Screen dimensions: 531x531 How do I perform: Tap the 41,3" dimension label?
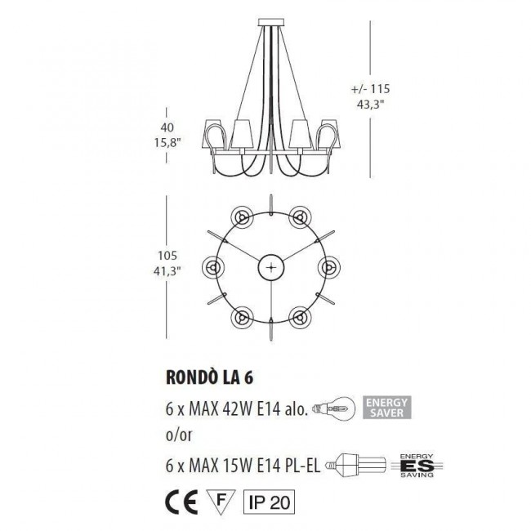pyautogui.click(x=168, y=269)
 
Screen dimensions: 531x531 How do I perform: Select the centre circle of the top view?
pyautogui.click(x=270, y=267)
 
